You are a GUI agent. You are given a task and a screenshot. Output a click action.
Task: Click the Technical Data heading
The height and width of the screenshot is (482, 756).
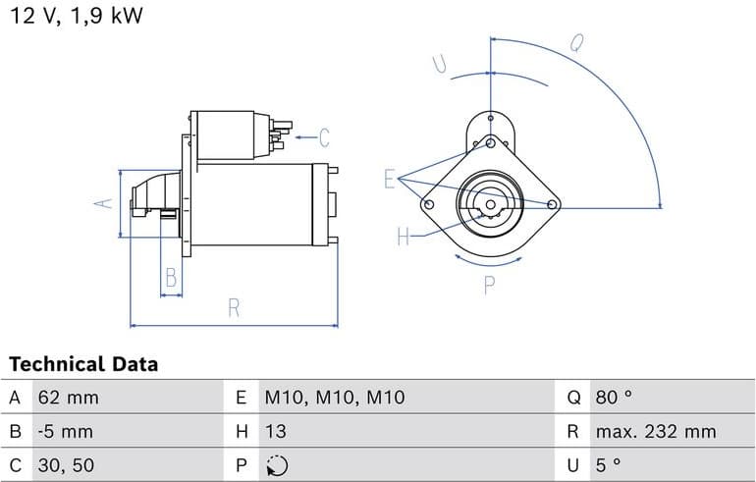click(x=83, y=364)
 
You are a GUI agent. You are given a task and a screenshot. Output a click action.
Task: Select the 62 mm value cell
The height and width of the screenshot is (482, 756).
click(x=68, y=398)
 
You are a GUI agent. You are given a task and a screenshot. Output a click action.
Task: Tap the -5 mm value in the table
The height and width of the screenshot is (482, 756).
click(x=65, y=431)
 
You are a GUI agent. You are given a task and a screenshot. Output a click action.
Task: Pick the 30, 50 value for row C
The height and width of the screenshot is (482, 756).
click(x=67, y=465)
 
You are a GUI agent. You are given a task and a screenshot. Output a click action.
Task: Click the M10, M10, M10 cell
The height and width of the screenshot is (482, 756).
click(x=334, y=398)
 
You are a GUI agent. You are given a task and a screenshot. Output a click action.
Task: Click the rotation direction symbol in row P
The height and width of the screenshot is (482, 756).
click(x=277, y=465)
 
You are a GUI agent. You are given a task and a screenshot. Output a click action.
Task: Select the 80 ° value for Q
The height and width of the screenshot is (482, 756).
click(x=614, y=398)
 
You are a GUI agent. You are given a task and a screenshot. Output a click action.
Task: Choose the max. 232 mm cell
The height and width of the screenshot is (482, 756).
click(x=655, y=431)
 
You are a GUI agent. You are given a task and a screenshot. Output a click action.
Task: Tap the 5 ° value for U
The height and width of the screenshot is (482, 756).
click(x=608, y=465)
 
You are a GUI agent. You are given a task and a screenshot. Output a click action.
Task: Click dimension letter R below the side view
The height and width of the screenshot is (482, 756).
click(x=234, y=307)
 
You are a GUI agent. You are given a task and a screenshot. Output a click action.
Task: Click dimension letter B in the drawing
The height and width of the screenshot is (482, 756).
click(x=171, y=278)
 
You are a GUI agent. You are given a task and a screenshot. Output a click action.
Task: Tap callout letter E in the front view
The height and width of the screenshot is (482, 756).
click(x=390, y=179)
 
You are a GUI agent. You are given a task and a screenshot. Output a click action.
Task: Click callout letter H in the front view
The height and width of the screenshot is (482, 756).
click(x=403, y=237)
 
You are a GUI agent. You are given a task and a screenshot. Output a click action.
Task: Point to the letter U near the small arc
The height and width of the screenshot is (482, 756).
click(x=440, y=65)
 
